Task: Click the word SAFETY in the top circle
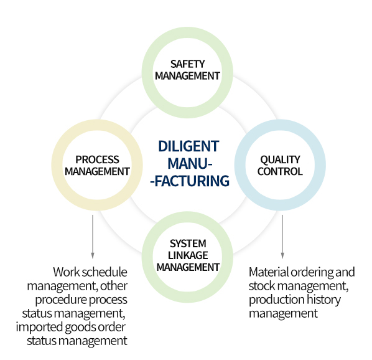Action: coord(187,64)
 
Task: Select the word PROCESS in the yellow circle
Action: coord(97,159)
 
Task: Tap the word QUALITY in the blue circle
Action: coord(280,160)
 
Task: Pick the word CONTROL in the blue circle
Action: coord(280,171)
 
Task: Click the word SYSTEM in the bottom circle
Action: coord(188,244)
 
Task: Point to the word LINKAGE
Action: coord(188,255)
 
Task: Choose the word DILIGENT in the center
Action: coord(188,146)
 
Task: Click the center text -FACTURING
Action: coord(190,181)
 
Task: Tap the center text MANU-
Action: coord(190,164)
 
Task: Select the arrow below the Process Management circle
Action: coord(93,237)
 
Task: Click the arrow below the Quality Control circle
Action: coord(282,237)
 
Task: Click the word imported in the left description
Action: coord(40,327)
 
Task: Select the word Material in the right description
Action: coord(269,272)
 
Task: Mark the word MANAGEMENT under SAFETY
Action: coord(187,76)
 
